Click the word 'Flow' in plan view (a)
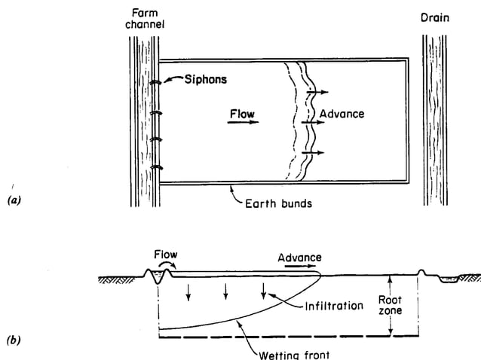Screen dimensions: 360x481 242,115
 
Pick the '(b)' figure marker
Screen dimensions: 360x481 14,340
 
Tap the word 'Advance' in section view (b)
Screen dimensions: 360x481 300,258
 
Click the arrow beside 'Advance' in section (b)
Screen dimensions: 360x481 300,268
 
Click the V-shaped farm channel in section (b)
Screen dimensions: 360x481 158,278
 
